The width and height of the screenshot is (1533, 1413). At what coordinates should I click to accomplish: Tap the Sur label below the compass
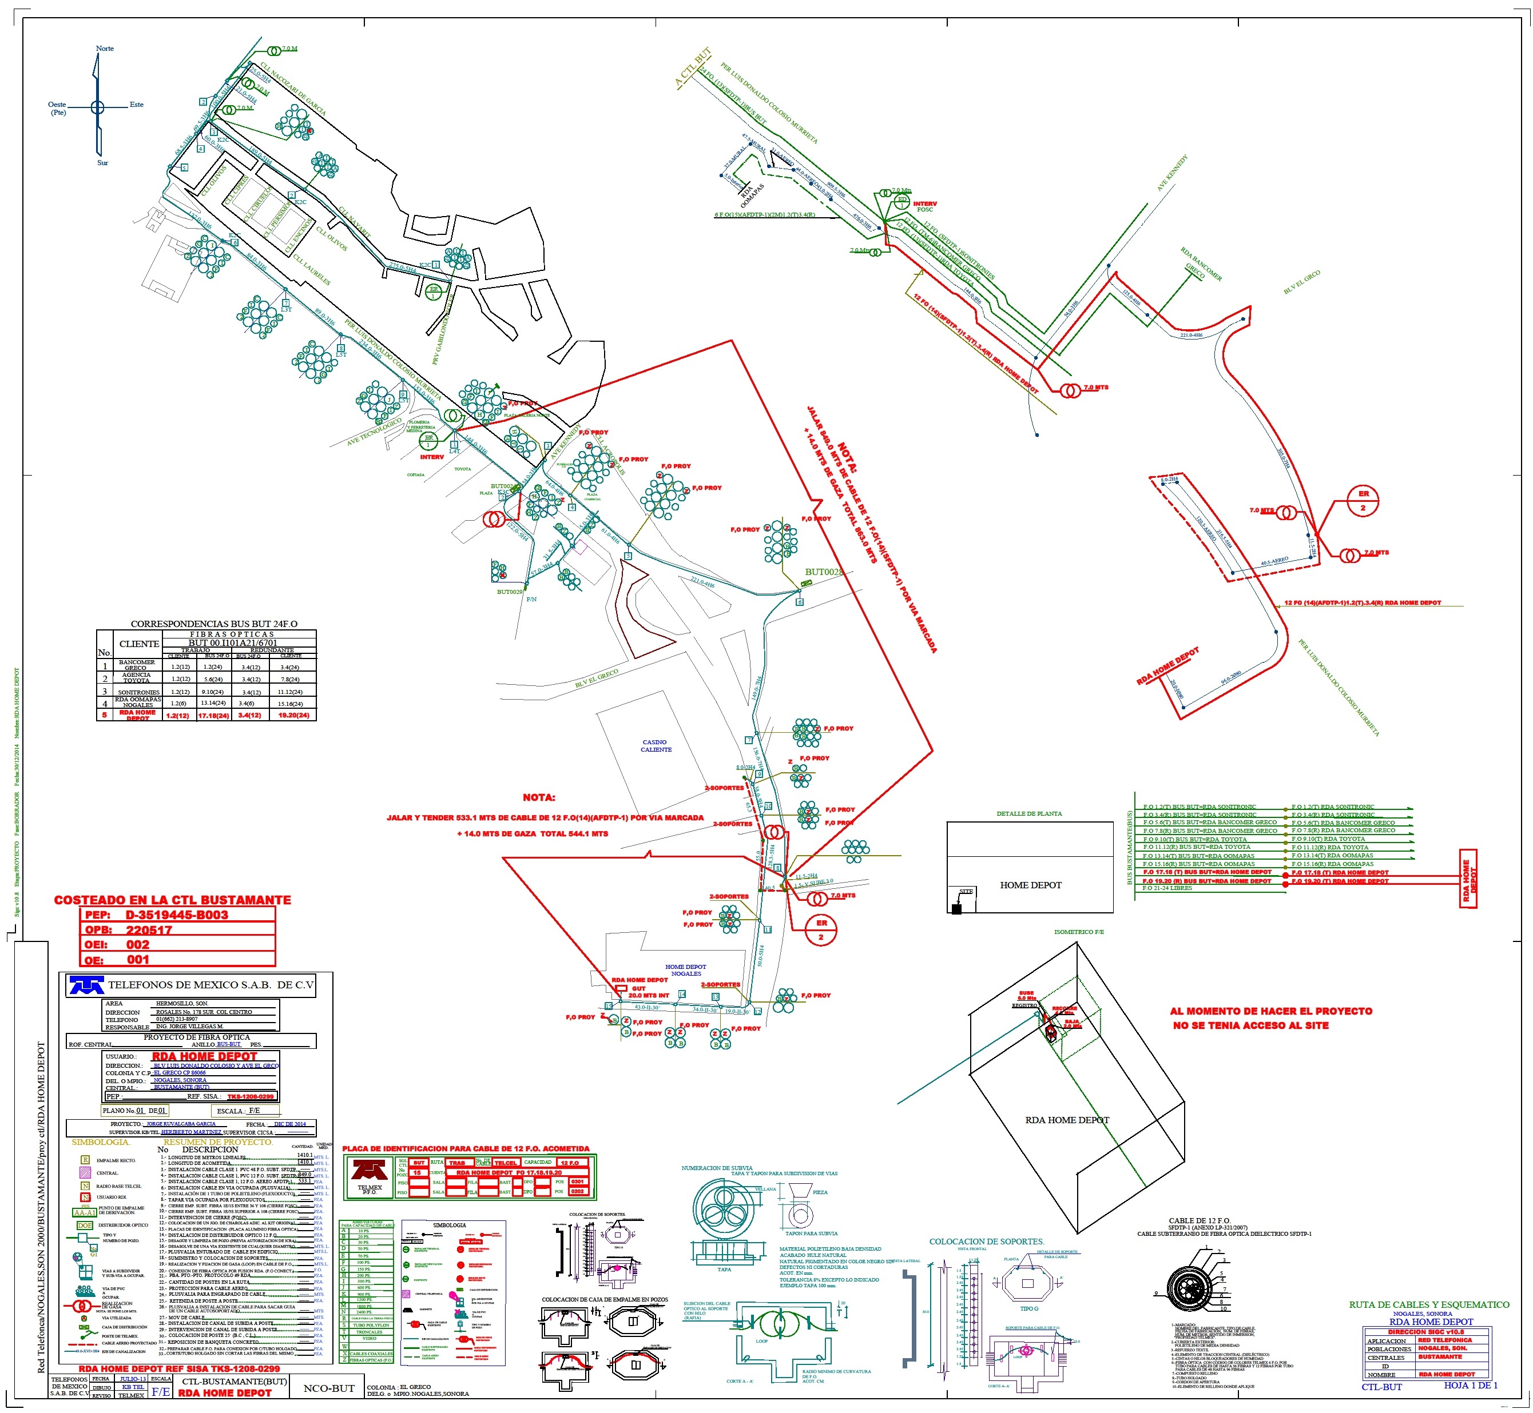click(102, 163)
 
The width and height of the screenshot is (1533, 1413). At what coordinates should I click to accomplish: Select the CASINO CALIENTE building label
click(656, 745)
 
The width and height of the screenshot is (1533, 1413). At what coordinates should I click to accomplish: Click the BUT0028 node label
click(824, 572)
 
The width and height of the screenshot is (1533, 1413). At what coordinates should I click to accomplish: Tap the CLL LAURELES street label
click(311, 270)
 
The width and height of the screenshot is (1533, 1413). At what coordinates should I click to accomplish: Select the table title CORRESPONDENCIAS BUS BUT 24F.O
click(214, 624)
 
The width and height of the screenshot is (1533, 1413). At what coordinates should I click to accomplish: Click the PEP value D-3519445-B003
click(177, 915)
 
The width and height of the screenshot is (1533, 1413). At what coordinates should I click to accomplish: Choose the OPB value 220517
click(149, 930)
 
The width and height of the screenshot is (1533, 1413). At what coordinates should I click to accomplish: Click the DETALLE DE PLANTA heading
click(1029, 813)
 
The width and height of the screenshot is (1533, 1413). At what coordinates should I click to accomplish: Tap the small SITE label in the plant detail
click(966, 892)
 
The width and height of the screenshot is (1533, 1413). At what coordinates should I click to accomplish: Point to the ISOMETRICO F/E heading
click(1079, 932)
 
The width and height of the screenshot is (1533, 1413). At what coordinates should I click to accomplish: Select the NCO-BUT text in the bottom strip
click(329, 1388)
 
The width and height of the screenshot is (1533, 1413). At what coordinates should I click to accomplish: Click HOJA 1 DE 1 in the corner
click(1470, 1385)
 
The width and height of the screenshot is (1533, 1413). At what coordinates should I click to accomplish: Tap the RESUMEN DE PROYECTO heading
click(217, 1141)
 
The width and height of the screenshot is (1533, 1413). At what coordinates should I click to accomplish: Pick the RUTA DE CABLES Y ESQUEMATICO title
click(1429, 1304)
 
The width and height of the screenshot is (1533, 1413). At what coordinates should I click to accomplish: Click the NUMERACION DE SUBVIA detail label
click(717, 1168)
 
